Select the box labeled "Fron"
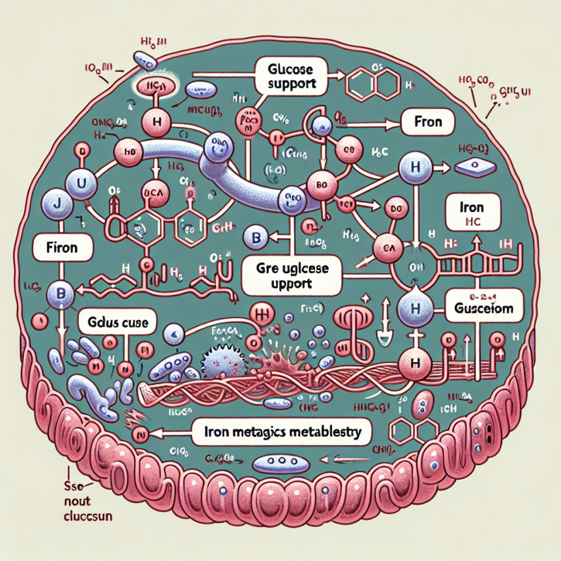click(x=427, y=122)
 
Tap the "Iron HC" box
click(x=472, y=213)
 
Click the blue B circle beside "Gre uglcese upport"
click(x=252, y=238)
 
